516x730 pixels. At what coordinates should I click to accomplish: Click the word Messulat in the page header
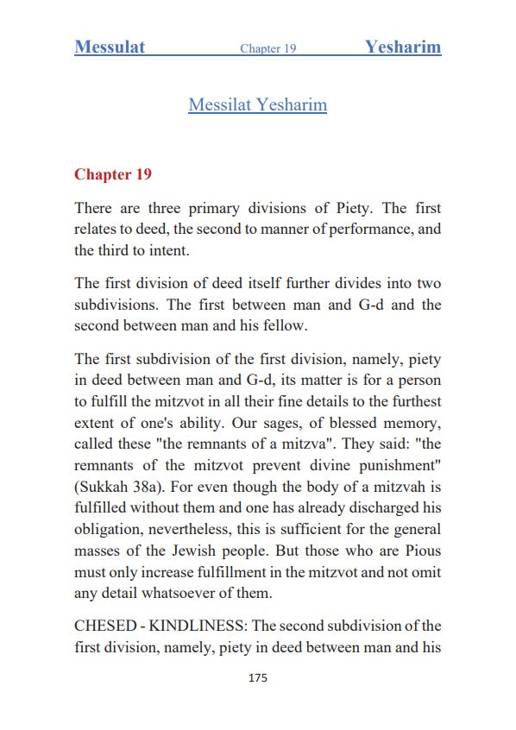pos(110,47)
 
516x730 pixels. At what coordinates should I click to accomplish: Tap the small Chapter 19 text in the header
pos(268,48)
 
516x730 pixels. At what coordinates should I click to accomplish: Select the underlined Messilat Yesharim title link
pos(257,105)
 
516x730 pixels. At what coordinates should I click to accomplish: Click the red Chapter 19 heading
pos(113,174)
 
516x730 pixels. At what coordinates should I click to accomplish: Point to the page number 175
pos(257,678)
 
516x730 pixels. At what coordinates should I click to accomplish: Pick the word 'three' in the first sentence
pos(168,209)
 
